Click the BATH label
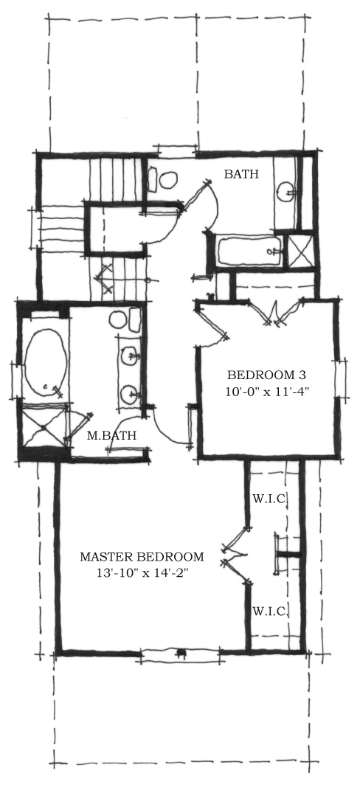(241, 174)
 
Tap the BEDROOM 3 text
(267, 375)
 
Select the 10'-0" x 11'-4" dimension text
(267, 392)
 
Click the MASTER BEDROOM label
(142, 557)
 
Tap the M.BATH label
(111, 435)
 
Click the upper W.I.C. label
(270, 499)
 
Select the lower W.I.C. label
(270, 611)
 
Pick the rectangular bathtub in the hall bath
(249, 251)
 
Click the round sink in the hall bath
(286, 191)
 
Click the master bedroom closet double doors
(235, 555)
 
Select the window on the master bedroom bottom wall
(180, 654)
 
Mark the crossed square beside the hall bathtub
(300, 250)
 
